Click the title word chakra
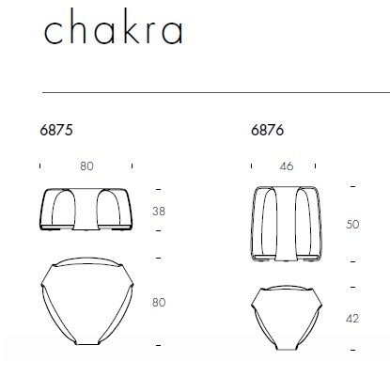114,26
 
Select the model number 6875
56,130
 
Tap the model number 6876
267,130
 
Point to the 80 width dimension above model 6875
86,165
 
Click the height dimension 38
159,212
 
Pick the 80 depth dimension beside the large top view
159,302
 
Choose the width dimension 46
287,165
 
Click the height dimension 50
352,225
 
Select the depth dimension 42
352,319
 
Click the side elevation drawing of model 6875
86,210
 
